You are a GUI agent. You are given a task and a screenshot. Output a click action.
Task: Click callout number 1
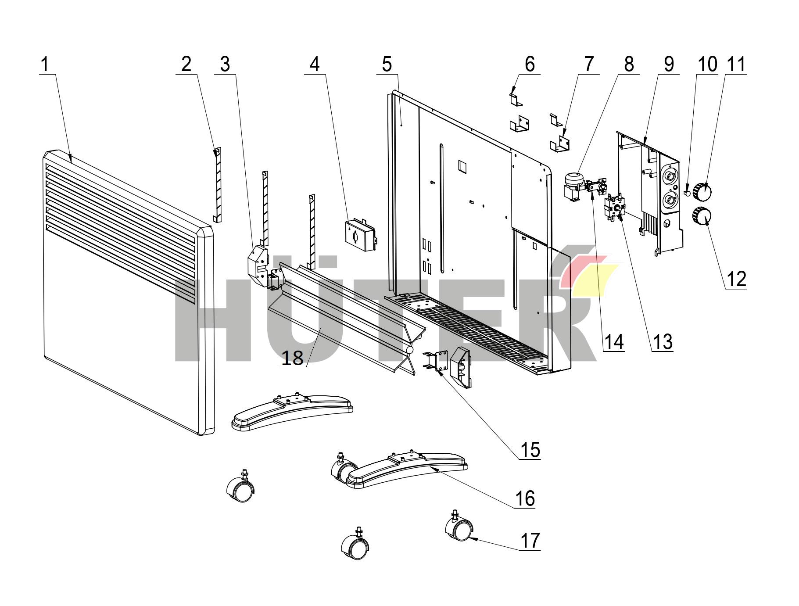click(x=45, y=65)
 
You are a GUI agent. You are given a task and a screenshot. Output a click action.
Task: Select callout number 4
click(x=315, y=65)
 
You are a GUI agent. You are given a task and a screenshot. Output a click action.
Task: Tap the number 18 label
click(x=292, y=358)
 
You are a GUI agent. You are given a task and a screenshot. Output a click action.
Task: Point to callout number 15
click(x=530, y=450)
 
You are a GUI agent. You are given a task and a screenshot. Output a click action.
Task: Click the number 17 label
click(x=530, y=541)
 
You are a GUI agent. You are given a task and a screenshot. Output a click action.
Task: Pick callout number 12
click(x=736, y=279)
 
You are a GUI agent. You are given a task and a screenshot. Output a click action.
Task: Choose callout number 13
click(x=663, y=341)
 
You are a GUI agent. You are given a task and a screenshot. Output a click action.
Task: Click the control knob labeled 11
click(x=702, y=191)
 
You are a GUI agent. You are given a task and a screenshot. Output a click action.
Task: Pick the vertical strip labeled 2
click(x=218, y=184)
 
